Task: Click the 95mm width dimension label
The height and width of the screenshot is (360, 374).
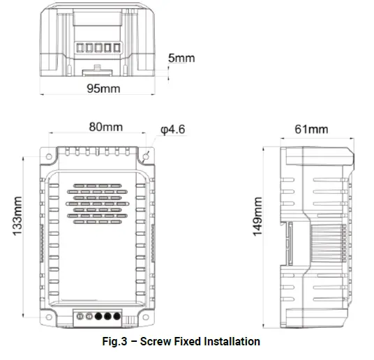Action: pos(103,89)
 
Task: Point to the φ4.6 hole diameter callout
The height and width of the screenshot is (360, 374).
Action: pos(172,130)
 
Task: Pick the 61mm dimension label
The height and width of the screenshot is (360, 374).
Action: pos(311,129)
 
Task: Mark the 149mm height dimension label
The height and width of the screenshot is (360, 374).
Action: pos(257,216)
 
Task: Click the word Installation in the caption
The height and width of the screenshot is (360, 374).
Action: pos(232,342)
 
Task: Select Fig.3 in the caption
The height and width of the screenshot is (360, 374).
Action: pos(116,342)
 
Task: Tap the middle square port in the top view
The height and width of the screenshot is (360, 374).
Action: pos(96,49)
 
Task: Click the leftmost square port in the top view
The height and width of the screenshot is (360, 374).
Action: pos(77,49)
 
